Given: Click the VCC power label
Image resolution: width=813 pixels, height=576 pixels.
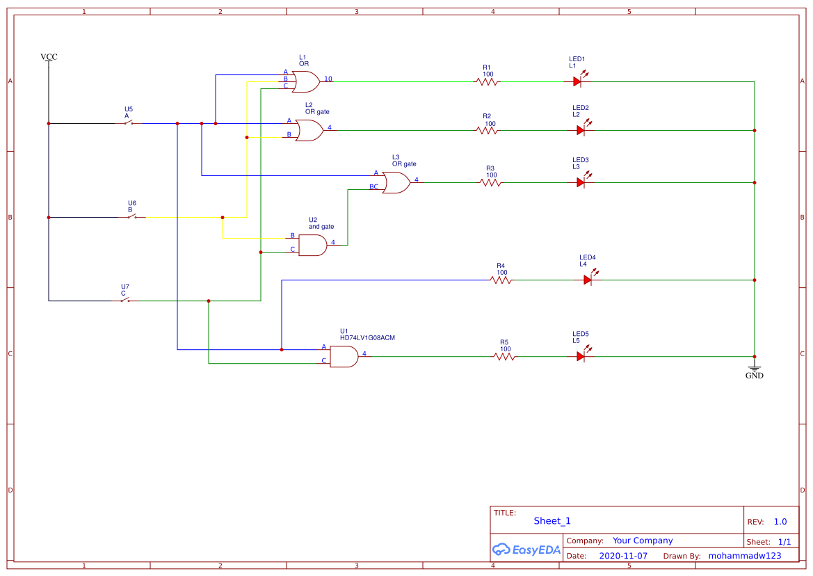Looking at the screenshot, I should [49, 57].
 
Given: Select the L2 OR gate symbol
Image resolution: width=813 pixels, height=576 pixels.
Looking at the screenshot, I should [309, 130].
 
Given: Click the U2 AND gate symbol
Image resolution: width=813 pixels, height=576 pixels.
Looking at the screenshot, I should [312, 245].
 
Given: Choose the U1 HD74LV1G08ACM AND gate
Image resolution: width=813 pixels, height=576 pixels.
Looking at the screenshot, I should [344, 356].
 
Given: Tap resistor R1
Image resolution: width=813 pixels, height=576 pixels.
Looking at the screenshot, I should [488, 81].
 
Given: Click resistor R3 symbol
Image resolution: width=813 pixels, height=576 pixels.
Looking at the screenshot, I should [490, 182].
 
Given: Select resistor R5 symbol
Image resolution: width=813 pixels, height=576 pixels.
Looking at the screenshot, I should [504, 356].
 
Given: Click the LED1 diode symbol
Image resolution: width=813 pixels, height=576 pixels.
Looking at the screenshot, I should [577, 81].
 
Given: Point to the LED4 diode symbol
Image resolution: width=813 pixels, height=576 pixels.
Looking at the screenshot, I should [588, 280].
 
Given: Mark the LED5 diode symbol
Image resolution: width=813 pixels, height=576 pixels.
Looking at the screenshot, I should [581, 356].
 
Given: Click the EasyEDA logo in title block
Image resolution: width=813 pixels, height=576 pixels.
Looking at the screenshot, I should [526, 550].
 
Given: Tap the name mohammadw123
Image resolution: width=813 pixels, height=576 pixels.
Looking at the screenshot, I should [744, 556].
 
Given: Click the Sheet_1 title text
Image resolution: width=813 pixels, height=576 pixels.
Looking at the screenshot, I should [552, 521].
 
